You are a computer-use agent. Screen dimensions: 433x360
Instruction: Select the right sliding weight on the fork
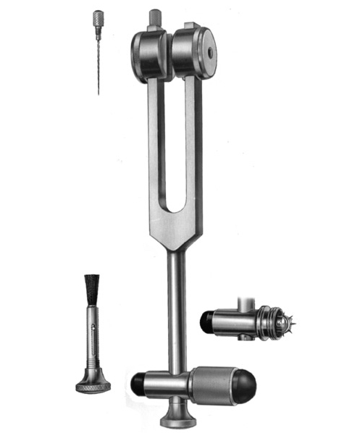point(195,52)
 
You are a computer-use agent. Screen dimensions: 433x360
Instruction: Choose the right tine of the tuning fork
point(191,145)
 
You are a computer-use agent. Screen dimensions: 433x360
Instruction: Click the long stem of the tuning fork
point(176,304)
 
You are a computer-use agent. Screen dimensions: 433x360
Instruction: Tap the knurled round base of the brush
point(93,384)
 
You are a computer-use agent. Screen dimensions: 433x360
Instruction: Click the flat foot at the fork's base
point(177,421)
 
